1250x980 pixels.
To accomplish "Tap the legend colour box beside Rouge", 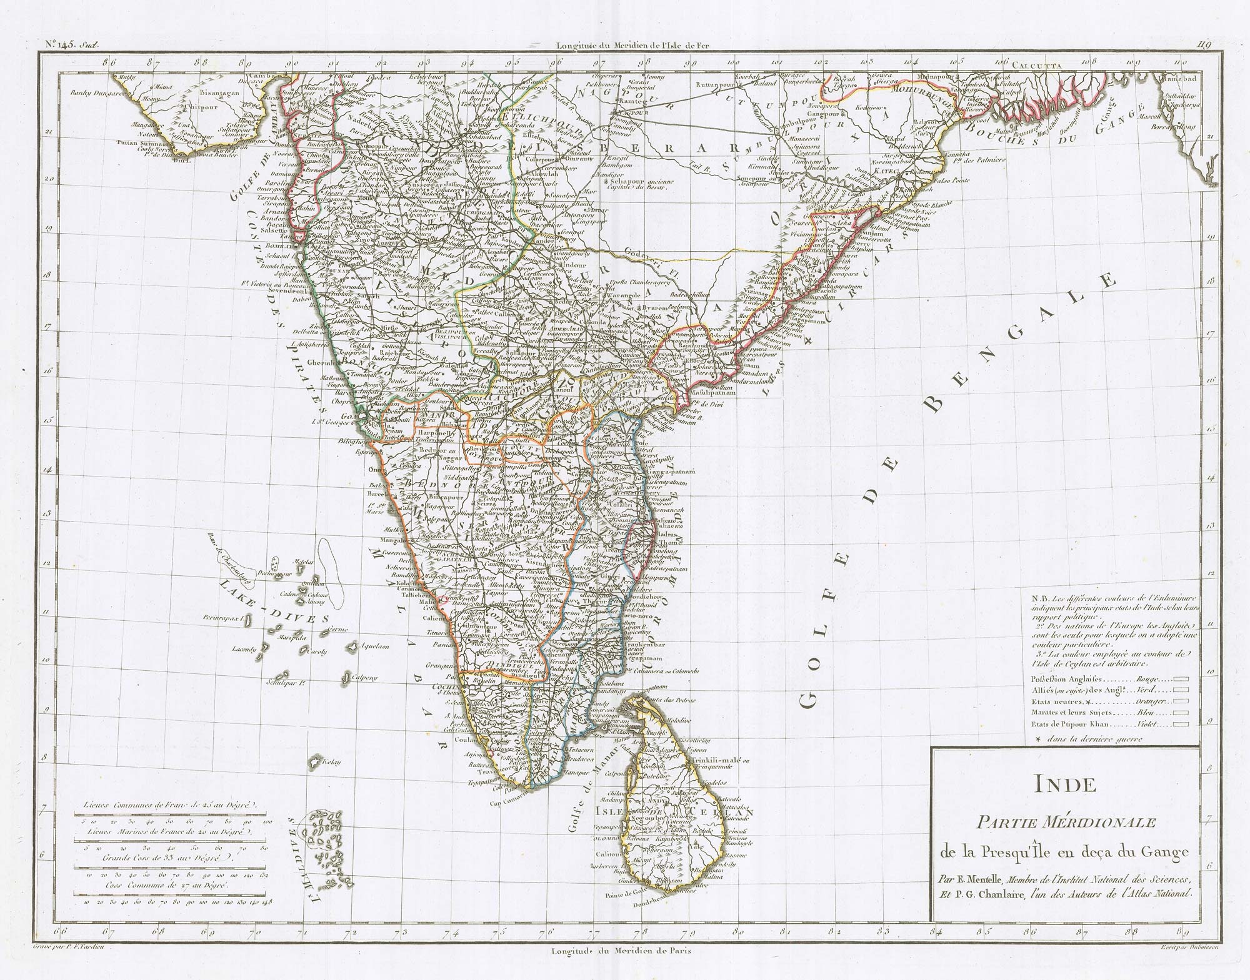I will [1179, 678].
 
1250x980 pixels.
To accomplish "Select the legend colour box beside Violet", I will [1179, 725].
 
